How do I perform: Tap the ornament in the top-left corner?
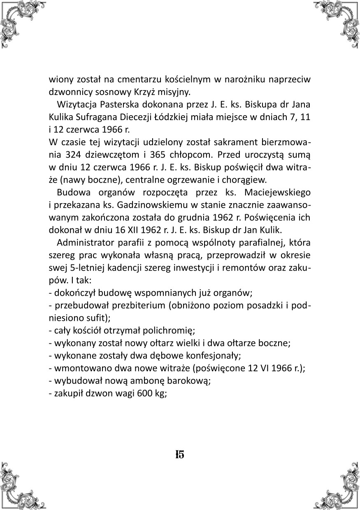(19, 19)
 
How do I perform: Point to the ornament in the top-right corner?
(341, 19)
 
